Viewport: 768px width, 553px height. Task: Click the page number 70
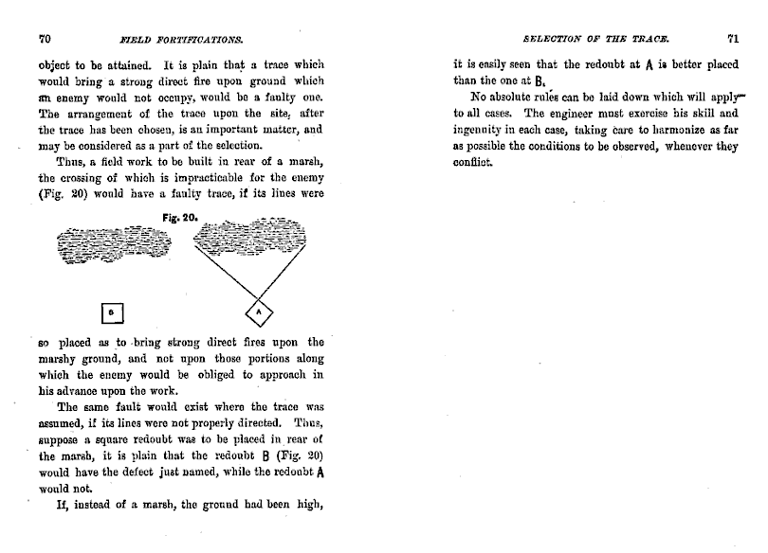(44, 39)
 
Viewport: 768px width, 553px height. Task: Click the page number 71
(732, 39)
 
